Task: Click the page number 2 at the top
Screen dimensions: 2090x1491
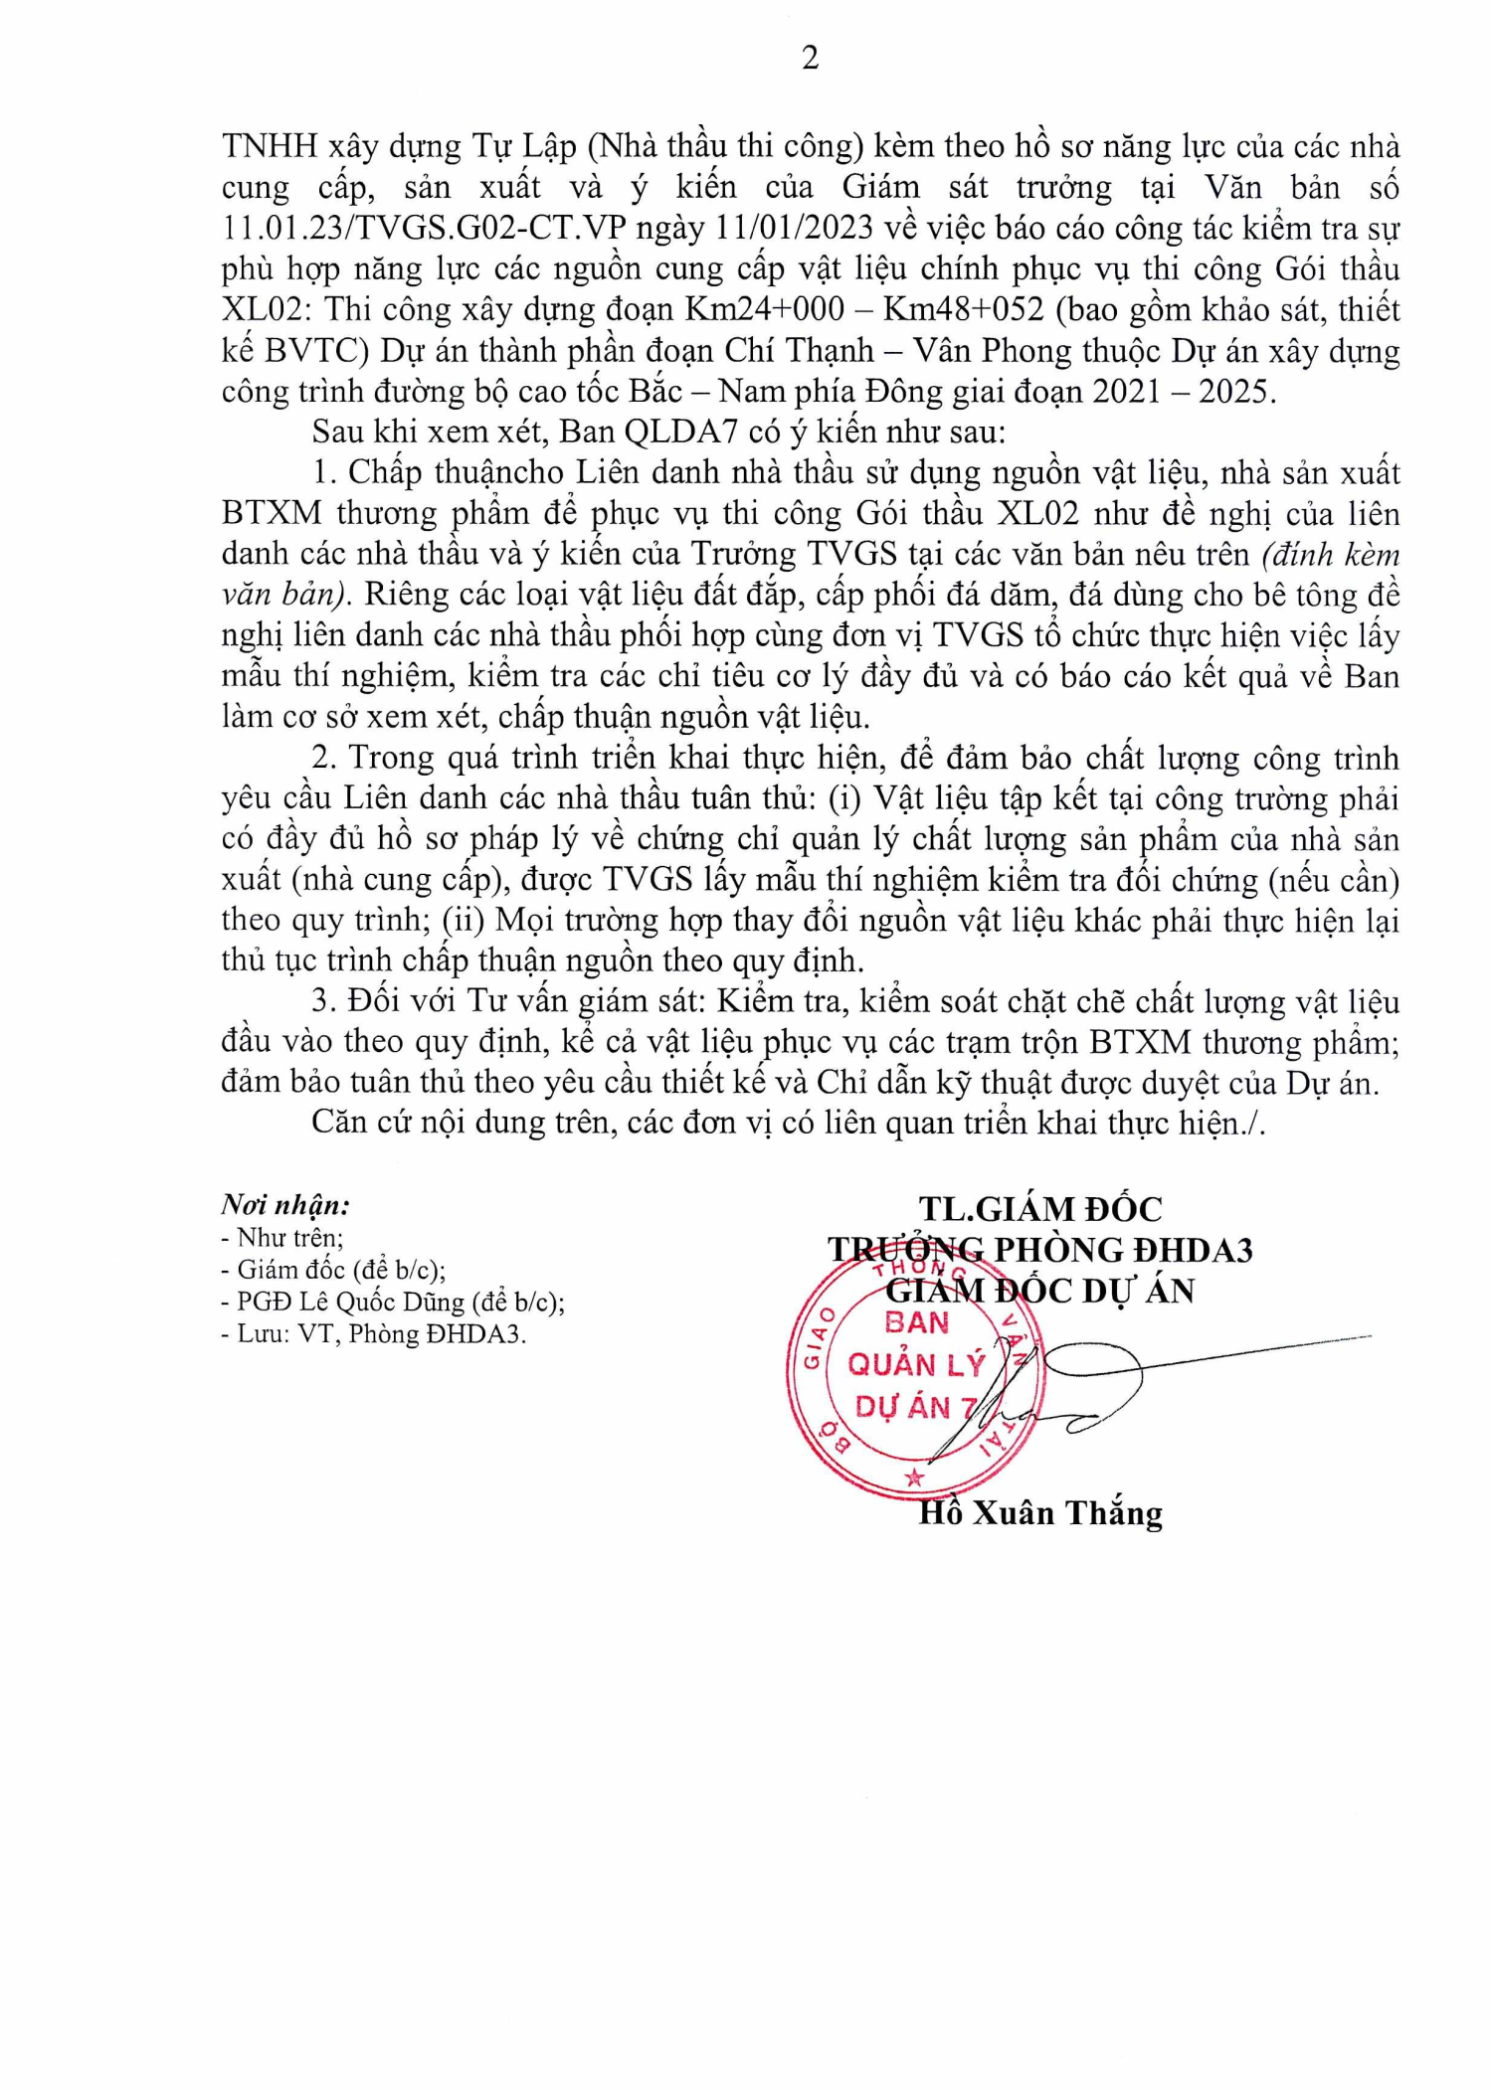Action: point(810,59)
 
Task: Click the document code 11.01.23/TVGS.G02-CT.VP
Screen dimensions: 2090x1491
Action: point(425,228)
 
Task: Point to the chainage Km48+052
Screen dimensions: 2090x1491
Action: point(963,309)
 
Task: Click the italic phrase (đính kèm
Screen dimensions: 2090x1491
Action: point(1330,554)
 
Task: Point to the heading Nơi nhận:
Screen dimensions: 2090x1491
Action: point(285,1205)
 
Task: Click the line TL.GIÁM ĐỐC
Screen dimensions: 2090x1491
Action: point(1039,1209)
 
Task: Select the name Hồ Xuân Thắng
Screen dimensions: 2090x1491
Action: point(1039,1513)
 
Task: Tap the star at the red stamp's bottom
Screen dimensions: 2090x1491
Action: point(915,1478)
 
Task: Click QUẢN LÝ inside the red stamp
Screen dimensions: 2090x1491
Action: point(915,1364)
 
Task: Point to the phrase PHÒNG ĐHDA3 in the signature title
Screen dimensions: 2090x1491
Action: point(1123,1250)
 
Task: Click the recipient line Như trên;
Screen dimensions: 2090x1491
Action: point(289,1238)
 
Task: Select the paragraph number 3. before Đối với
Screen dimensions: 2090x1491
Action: point(323,1001)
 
